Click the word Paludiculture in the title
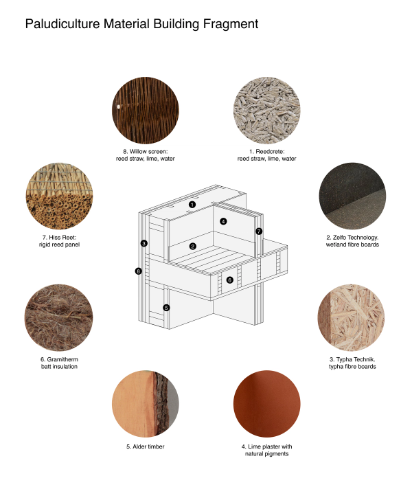[62, 24]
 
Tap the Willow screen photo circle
[146, 111]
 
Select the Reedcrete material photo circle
[266, 111]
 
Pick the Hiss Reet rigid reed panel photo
[59, 196]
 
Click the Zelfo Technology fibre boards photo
[352, 196]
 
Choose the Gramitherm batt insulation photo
[58, 318]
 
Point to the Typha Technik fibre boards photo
[351, 318]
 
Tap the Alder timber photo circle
[146, 404]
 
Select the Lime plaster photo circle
[266, 404]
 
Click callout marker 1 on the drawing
[192, 205]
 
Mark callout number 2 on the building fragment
[192, 247]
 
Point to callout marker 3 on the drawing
[144, 243]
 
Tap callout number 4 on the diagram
[223, 221]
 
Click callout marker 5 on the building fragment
[166, 308]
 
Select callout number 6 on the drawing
[230, 280]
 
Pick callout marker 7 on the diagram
[259, 231]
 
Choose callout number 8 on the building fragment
[138, 271]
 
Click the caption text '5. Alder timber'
[146, 446]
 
